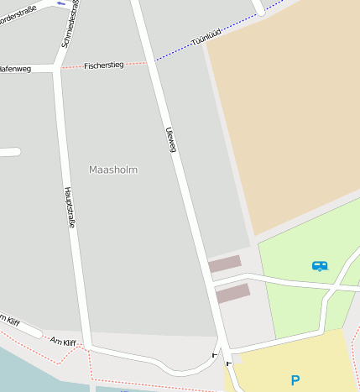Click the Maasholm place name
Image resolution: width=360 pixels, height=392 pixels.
113,170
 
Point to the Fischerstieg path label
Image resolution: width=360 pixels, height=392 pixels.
104,65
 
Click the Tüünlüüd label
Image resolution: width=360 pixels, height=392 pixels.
207,36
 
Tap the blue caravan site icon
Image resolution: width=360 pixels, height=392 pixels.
320,266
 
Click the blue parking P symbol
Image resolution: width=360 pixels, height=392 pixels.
295,380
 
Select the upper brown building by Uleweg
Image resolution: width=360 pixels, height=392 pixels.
224,264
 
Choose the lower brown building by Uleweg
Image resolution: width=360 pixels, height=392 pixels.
232,293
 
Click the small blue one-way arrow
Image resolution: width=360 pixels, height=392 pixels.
61,3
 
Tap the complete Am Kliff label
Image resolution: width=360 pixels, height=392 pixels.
63,342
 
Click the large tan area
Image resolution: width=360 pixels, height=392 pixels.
285,118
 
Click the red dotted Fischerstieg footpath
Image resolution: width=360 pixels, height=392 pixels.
136,63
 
